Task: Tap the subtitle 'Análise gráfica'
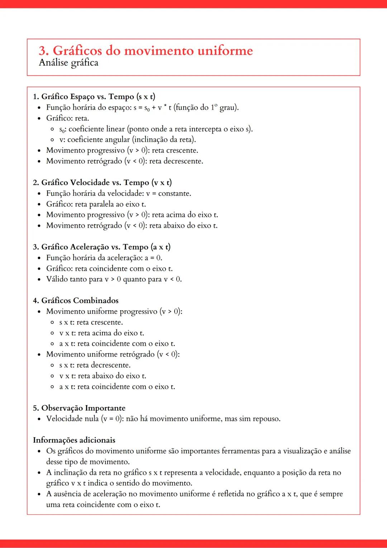coord(68,63)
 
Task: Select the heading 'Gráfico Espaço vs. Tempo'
coord(94,96)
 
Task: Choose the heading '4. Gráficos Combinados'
coord(76,301)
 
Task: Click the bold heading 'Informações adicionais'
coord(74,440)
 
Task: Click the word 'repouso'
coord(266,419)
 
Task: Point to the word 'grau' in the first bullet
coord(228,108)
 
